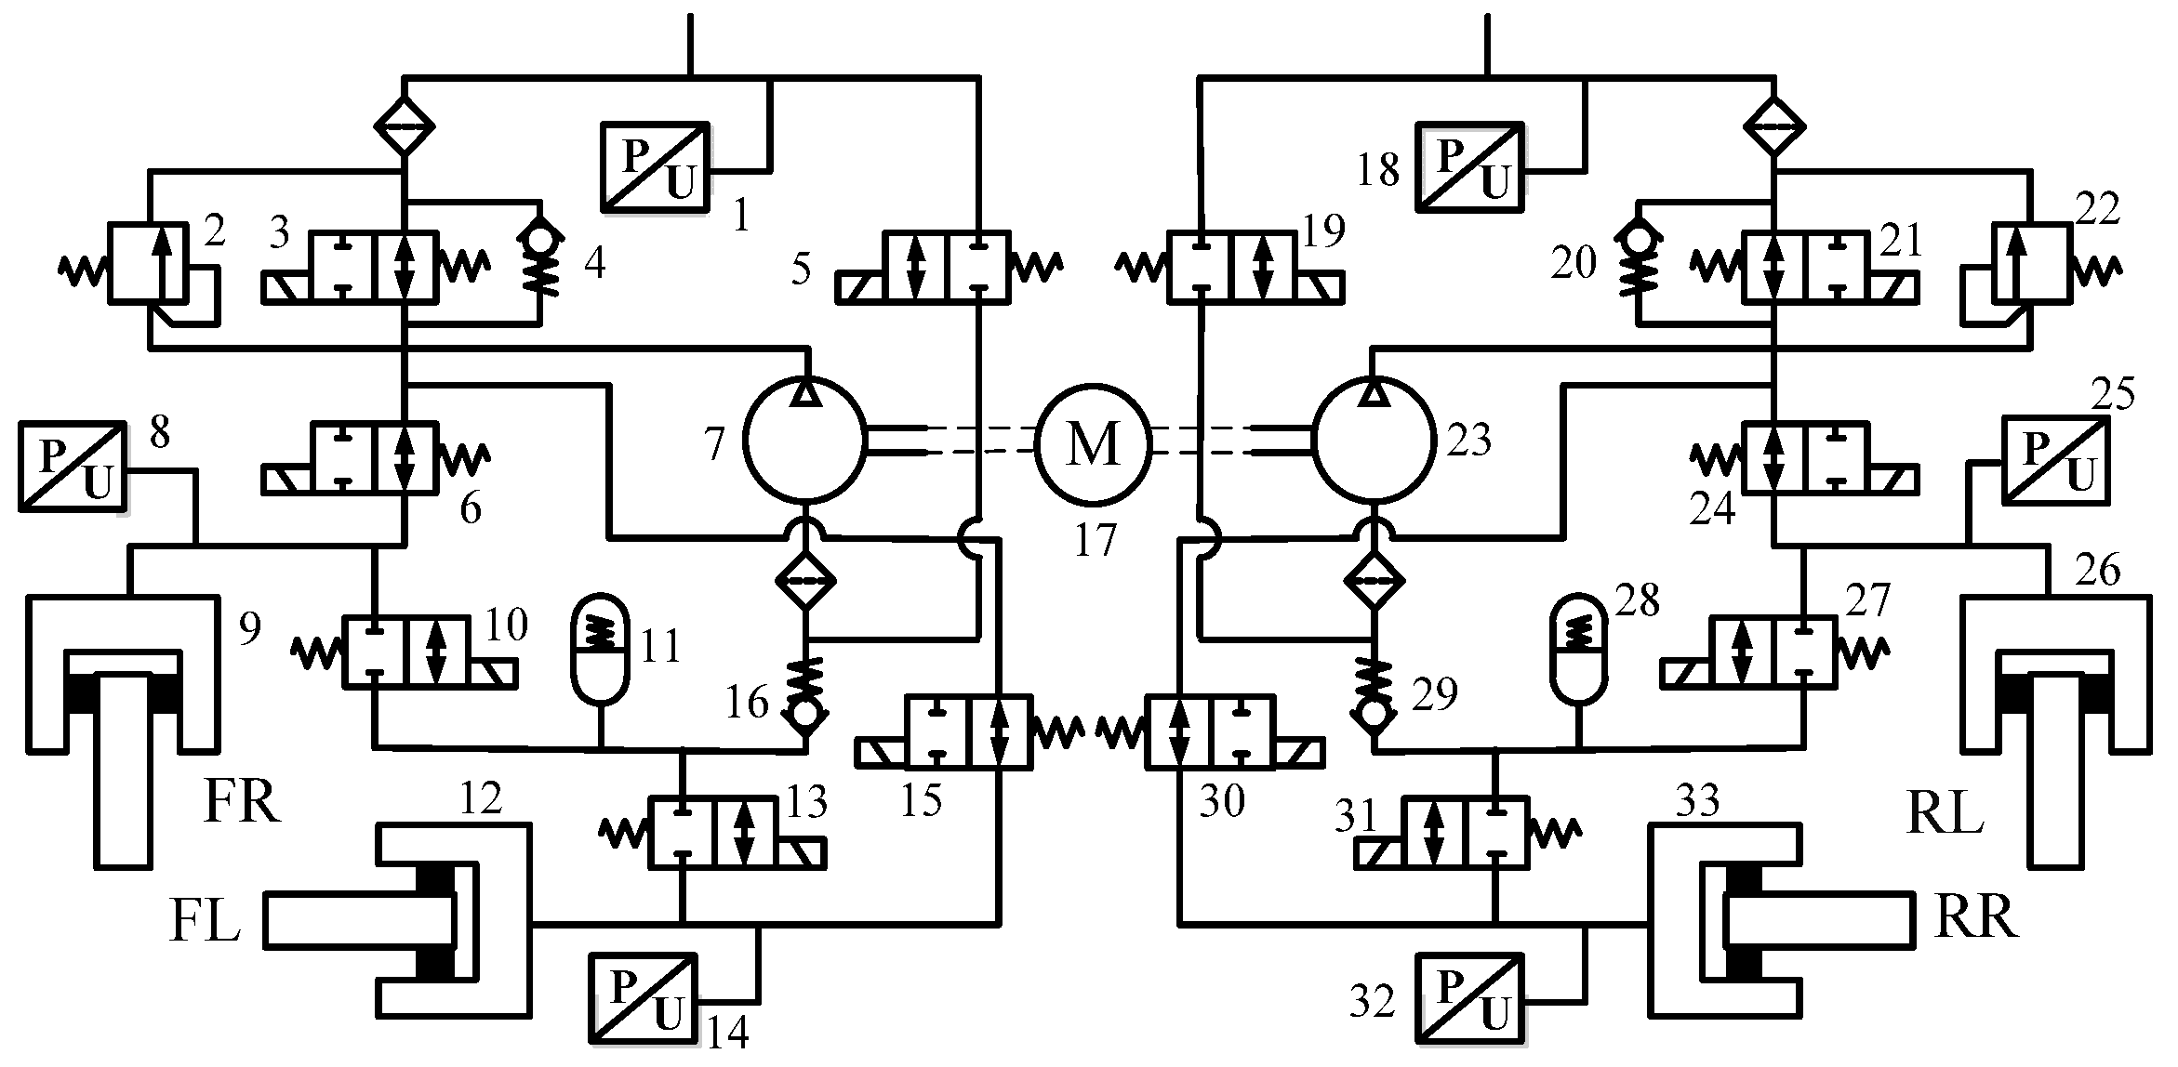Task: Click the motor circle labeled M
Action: pos(1094,444)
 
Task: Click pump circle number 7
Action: pos(805,444)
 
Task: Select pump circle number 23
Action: pos(1373,444)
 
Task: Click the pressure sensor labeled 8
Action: pos(72,465)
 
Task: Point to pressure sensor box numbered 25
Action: pos(2054,461)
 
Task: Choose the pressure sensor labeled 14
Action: pos(643,997)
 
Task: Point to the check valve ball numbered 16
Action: pos(805,715)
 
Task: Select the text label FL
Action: pos(205,927)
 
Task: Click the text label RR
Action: pos(1975,918)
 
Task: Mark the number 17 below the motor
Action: pos(1095,539)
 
